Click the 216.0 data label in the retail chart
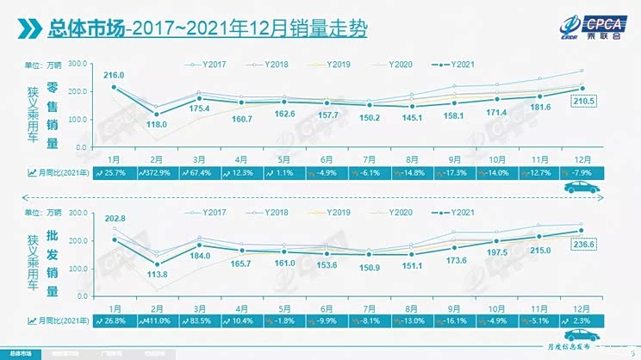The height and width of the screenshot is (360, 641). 115,76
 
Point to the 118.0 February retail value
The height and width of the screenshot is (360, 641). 156,125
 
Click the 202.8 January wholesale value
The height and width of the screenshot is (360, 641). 115,219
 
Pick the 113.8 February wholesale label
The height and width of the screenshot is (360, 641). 156,275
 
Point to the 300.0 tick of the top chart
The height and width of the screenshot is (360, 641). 78,64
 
